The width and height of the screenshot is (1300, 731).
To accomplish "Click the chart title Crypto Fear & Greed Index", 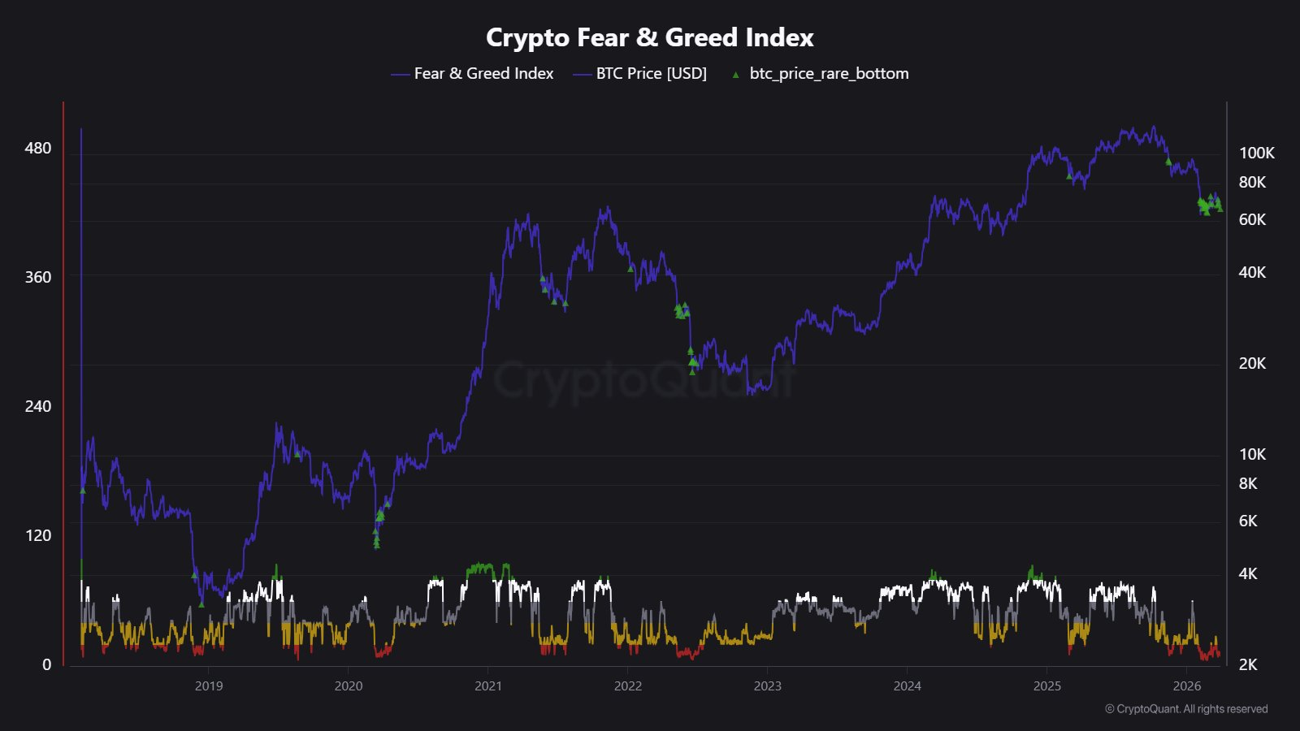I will pos(649,37).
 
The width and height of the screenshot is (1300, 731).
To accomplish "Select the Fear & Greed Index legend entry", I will pos(483,73).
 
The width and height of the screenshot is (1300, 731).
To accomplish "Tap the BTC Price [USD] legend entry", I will pos(651,73).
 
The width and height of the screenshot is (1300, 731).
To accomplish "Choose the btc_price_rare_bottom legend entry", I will pos(829,73).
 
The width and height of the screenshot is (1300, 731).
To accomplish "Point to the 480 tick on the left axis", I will pos(37,148).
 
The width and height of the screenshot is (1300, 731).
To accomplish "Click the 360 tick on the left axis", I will pos(37,277).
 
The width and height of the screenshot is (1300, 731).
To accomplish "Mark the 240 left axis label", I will pos(37,406).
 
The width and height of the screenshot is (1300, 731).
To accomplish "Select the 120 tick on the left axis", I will pos(37,535).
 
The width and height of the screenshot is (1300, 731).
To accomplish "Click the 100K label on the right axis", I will pos(1256,153).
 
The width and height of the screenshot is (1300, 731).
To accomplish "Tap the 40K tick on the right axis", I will pos(1252,272).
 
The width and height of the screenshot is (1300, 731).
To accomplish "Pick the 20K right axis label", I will pos(1252,363).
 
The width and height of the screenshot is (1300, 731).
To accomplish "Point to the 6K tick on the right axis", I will pos(1248,521).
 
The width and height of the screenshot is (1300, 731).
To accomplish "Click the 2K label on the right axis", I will pos(1248,664).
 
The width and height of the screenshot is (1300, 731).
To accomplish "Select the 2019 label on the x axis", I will pos(209,686).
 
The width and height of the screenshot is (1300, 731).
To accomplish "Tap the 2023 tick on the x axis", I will pos(767,686).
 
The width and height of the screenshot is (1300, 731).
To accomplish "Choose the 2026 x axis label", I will pos(1186,686).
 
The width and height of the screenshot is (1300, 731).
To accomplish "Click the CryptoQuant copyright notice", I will pos(1186,709).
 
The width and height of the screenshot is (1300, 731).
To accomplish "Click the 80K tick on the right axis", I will pos(1252,182).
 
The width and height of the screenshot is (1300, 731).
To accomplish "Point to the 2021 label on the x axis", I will pos(488,686).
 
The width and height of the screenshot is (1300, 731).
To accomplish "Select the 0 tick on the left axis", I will pos(46,664).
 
